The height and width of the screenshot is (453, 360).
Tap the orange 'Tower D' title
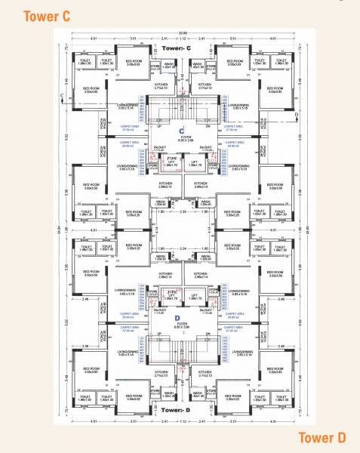pyautogui.click(x=321, y=436)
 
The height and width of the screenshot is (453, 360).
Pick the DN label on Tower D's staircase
pyautogui.click(x=202, y=338)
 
